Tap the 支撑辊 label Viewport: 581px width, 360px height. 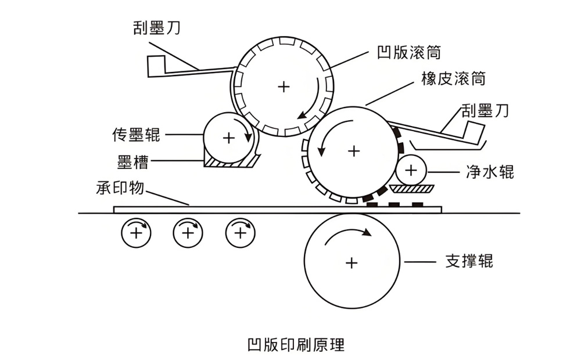[x=469, y=261]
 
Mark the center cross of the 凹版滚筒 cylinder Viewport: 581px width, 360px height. [x=284, y=87]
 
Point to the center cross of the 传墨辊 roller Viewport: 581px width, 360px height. [x=228, y=138]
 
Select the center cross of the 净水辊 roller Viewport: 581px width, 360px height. [x=411, y=170]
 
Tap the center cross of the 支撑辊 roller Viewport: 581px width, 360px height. [x=351, y=262]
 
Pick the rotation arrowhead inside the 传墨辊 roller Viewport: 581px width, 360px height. [x=249, y=139]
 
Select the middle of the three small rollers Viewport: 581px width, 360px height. [x=187, y=233]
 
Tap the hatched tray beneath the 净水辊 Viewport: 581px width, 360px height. [x=411, y=188]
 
